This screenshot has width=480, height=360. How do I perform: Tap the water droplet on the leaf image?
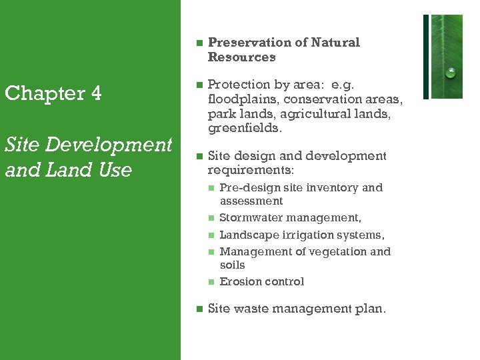(451, 73)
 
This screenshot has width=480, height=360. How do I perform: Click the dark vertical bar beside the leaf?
(426, 57)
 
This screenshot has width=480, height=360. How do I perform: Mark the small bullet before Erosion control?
(211, 282)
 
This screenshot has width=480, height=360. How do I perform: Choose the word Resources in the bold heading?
(241, 57)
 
